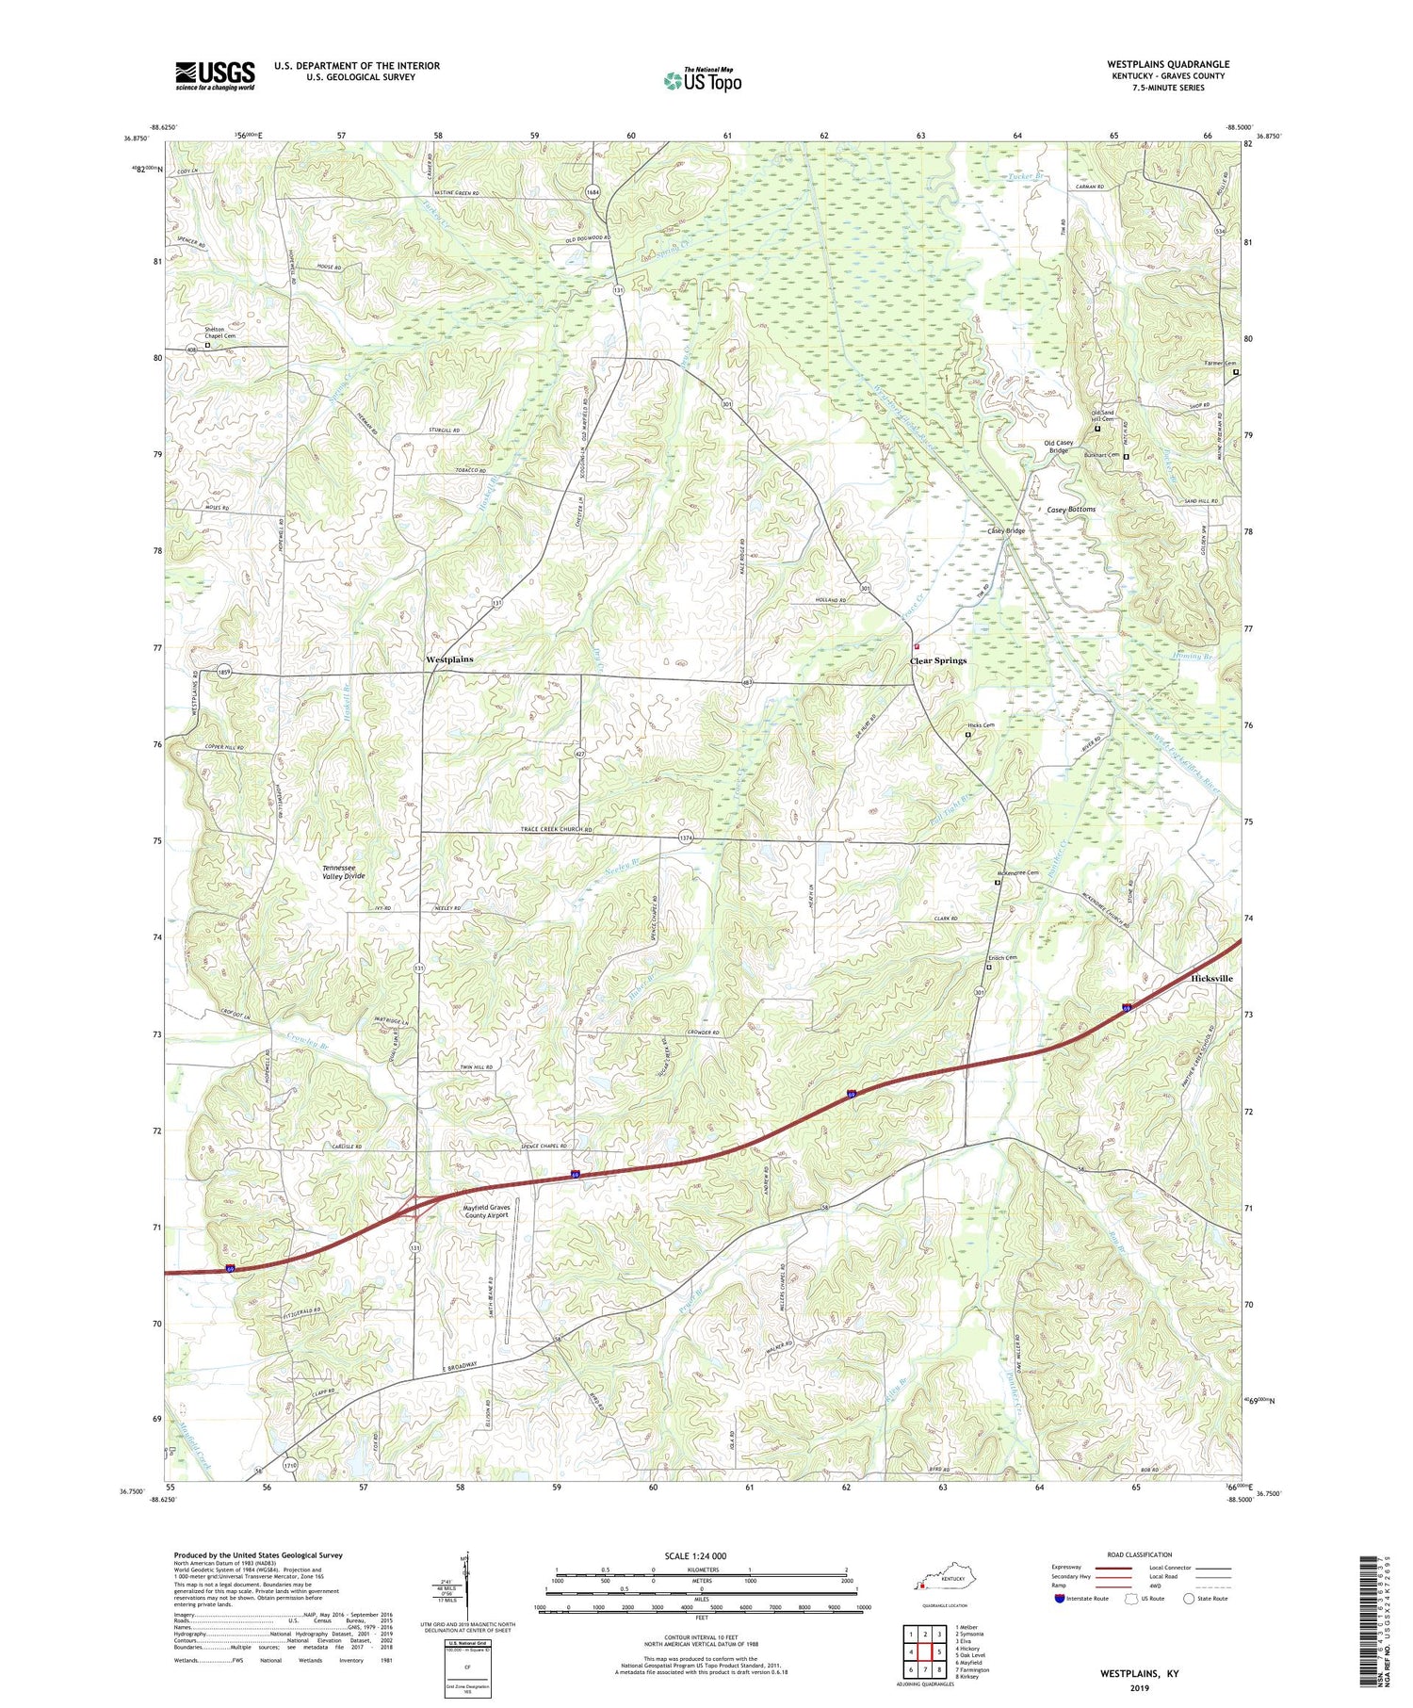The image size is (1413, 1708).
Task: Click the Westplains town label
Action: pos(449,659)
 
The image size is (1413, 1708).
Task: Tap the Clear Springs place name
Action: pos(937,660)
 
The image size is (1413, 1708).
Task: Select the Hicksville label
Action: pos(1211,978)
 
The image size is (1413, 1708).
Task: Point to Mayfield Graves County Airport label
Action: pos(485,1212)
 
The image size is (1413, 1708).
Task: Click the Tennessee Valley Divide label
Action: pos(344,871)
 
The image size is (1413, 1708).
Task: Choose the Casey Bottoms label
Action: pos(1071,509)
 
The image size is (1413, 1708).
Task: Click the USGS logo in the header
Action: pos(215,75)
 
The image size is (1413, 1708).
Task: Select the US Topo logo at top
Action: pos(703,80)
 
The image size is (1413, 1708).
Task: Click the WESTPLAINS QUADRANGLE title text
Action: pos(1167,64)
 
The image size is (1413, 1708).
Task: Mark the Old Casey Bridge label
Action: pos(1057,447)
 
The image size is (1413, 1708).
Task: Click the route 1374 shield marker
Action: pos(686,838)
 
